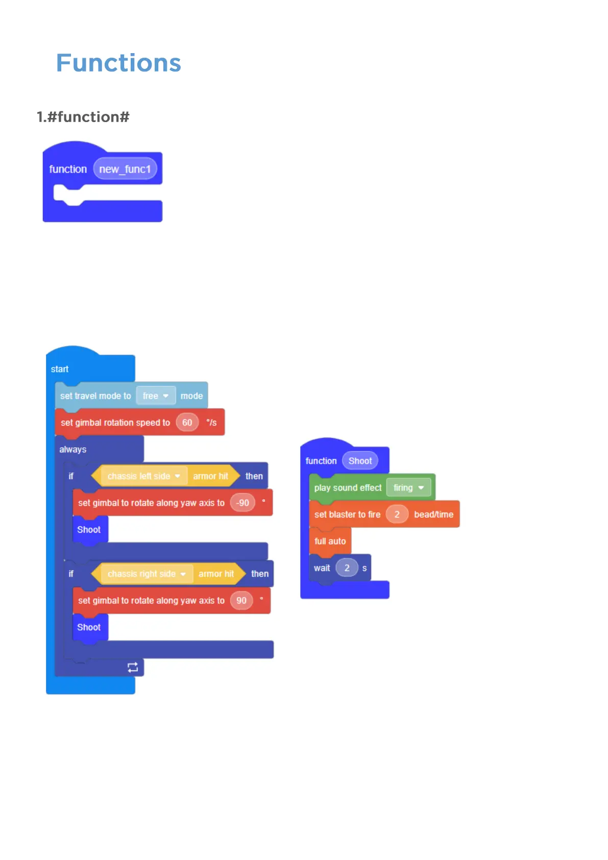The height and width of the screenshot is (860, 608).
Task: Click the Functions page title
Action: tap(118, 63)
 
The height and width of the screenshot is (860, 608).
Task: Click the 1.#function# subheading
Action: tap(83, 117)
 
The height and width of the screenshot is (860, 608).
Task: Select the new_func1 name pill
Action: tap(125, 169)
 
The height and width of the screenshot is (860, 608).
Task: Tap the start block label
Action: tap(60, 369)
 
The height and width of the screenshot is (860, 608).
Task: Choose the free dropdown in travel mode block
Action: tap(156, 396)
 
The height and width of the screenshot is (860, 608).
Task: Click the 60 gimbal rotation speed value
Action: tap(187, 422)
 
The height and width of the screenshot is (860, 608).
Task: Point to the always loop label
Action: tap(72, 449)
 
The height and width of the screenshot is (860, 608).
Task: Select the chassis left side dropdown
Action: tap(143, 476)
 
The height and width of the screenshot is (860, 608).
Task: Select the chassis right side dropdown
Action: tap(147, 574)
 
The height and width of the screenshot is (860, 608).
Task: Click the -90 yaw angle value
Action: tap(242, 503)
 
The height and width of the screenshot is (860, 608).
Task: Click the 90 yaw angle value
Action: tap(241, 601)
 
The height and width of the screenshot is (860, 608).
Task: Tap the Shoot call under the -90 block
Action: tap(89, 530)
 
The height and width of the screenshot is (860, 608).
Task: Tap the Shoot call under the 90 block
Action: tap(89, 627)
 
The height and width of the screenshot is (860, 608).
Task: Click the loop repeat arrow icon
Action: tap(133, 667)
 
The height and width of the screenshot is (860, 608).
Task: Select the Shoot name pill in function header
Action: tap(360, 461)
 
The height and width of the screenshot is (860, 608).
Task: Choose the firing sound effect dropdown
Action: tap(408, 488)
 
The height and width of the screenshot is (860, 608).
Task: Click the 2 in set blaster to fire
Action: tap(397, 514)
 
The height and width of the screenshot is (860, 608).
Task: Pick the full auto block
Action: tap(330, 541)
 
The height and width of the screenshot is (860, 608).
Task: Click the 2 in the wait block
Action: tap(347, 568)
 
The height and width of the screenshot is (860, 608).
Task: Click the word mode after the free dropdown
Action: tap(191, 396)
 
